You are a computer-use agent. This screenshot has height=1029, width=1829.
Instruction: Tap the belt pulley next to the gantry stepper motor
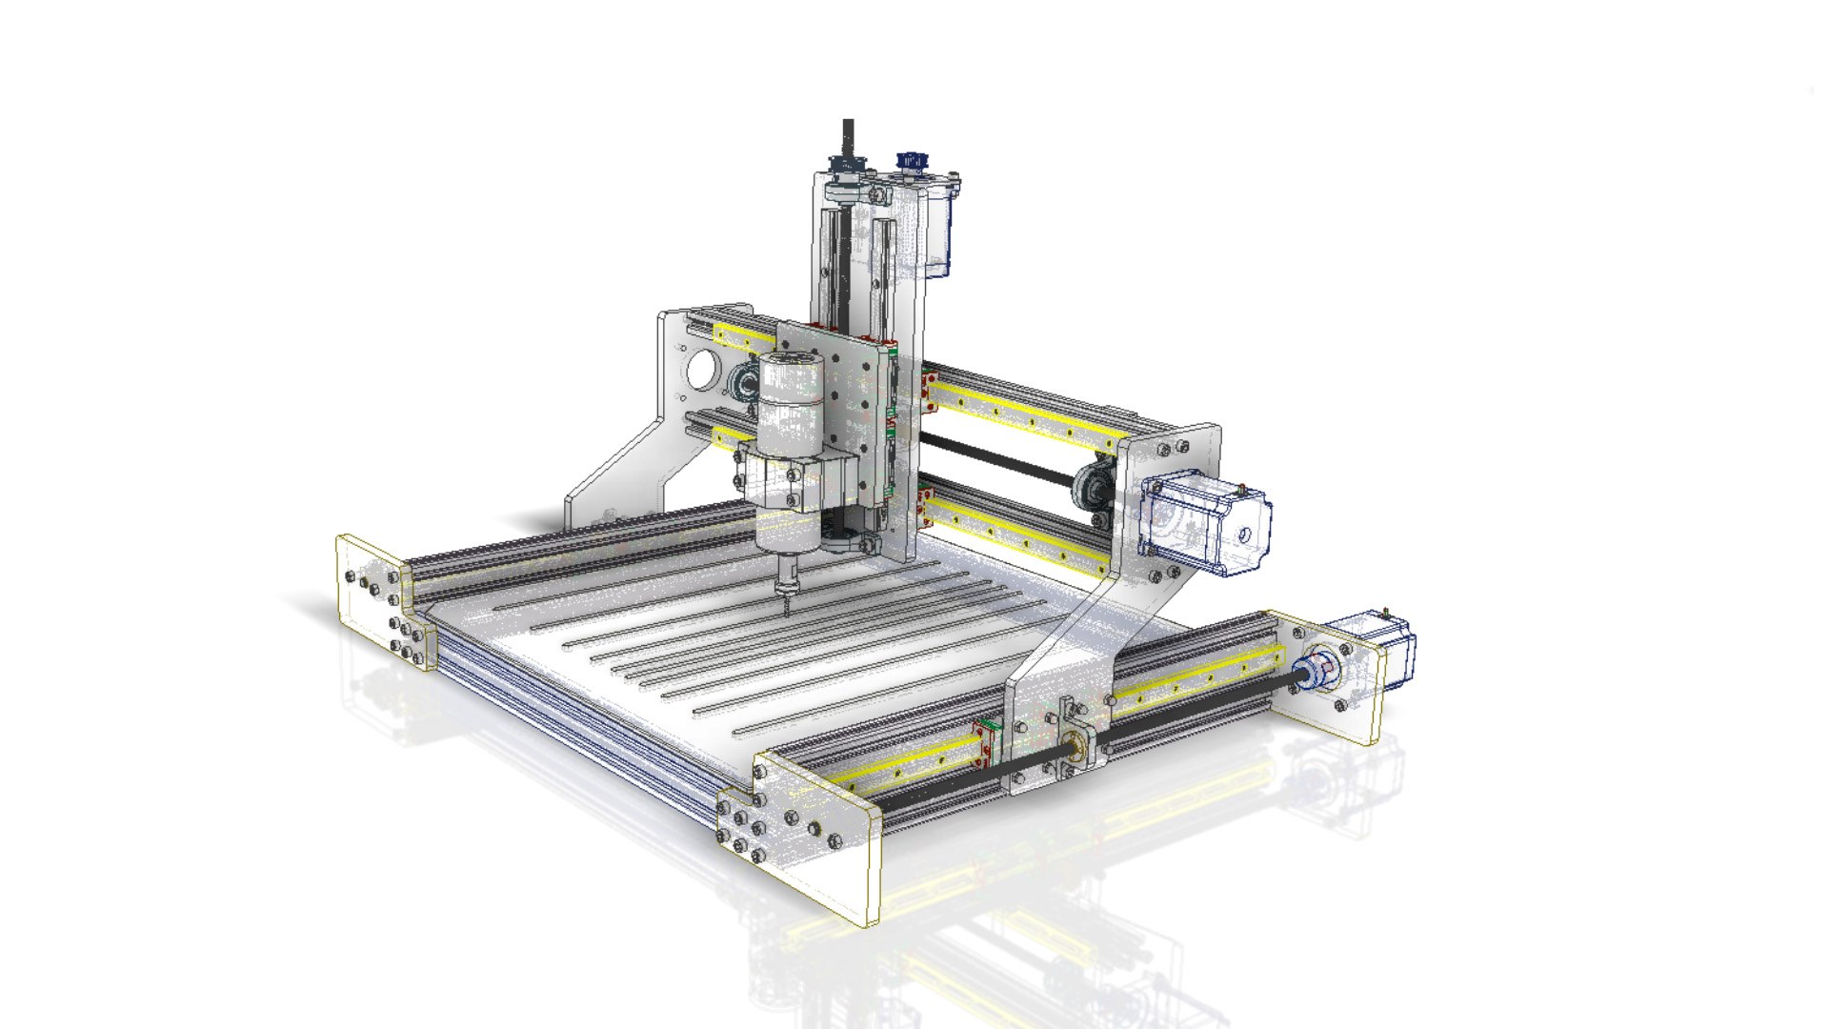[1092, 487]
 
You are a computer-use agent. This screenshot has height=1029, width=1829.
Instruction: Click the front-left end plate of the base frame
[381, 600]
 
